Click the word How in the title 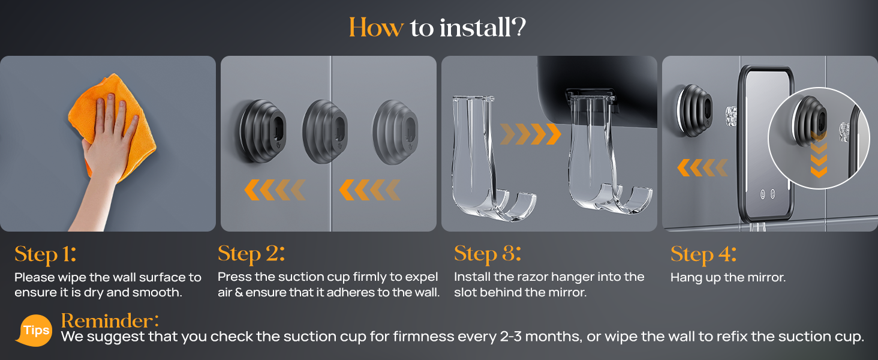(376, 28)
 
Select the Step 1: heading (46, 254)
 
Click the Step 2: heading (251, 254)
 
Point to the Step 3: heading (488, 254)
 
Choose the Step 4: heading (703, 254)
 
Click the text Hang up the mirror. (727, 277)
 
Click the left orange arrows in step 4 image (702, 167)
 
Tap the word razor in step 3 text (543, 277)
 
